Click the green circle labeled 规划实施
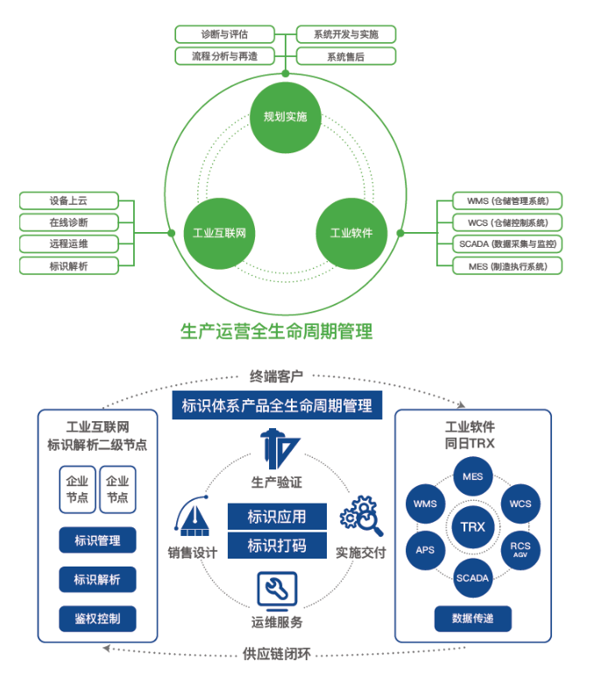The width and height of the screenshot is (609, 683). click(x=286, y=116)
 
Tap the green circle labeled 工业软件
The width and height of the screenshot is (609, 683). click(x=351, y=233)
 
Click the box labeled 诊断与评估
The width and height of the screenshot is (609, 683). click(x=224, y=34)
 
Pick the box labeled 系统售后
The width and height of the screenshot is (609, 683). click(x=345, y=56)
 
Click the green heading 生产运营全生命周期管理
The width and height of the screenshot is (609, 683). click(x=277, y=331)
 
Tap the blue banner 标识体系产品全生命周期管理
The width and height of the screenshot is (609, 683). click(x=277, y=405)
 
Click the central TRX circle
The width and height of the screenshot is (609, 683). click(x=472, y=527)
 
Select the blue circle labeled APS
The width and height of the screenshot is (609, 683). click(x=425, y=551)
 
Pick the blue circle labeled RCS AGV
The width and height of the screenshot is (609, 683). click(x=520, y=550)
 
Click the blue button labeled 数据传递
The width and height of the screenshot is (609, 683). click(x=472, y=618)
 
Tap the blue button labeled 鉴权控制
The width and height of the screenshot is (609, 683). click(x=97, y=618)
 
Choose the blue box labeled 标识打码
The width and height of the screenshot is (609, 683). click(x=277, y=546)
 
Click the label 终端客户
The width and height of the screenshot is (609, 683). click(x=277, y=377)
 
